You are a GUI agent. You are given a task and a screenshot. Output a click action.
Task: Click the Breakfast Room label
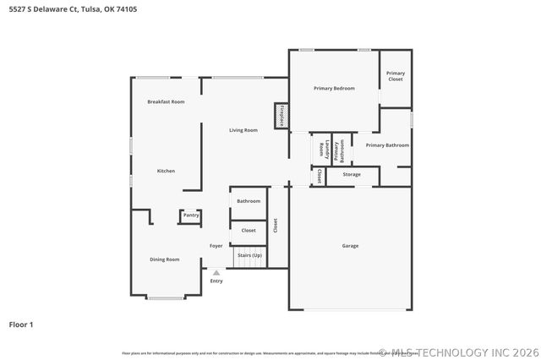(x=166, y=101)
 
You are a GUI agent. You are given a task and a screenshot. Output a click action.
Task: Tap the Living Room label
(x=243, y=130)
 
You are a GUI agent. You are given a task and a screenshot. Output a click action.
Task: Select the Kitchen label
(x=166, y=172)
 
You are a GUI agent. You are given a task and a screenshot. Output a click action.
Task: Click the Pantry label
(x=191, y=215)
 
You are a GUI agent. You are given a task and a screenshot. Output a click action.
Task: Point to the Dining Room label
(x=165, y=259)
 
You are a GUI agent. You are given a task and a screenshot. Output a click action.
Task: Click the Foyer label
(x=216, y=246)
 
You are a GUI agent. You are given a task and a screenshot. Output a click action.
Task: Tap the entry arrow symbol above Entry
(x=216, y=273)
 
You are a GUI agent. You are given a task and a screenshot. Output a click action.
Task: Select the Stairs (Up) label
(x=249, y=254)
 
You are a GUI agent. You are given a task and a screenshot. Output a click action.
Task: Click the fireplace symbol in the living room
(x=280, y=116)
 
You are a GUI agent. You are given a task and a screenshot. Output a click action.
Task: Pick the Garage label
(x=350, y=246)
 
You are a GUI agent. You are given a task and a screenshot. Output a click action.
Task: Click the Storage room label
(x=352, y=175)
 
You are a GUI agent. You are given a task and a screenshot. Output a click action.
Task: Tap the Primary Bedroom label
(x=334, y=88)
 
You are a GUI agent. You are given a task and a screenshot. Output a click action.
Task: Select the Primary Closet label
(x=396, y=76)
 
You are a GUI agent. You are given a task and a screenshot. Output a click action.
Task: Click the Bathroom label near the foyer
(x=249, y=201)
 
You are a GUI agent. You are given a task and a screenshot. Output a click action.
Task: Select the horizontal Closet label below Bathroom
(x=249, y=230)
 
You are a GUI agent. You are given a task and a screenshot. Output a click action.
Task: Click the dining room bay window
(x=166, y=297)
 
